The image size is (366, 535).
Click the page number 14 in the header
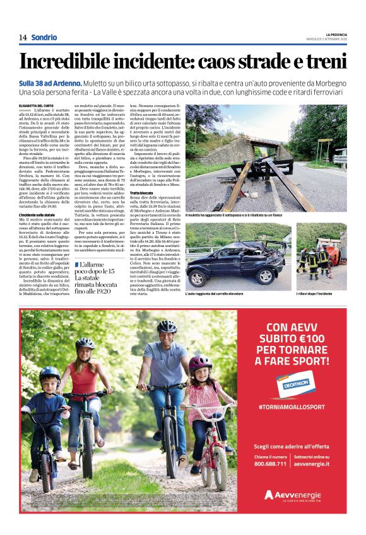click(23, 37)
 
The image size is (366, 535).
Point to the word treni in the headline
click(324, 62)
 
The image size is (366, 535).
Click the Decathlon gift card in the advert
click(290, 385)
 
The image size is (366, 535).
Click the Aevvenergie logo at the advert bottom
click(292, 495)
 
